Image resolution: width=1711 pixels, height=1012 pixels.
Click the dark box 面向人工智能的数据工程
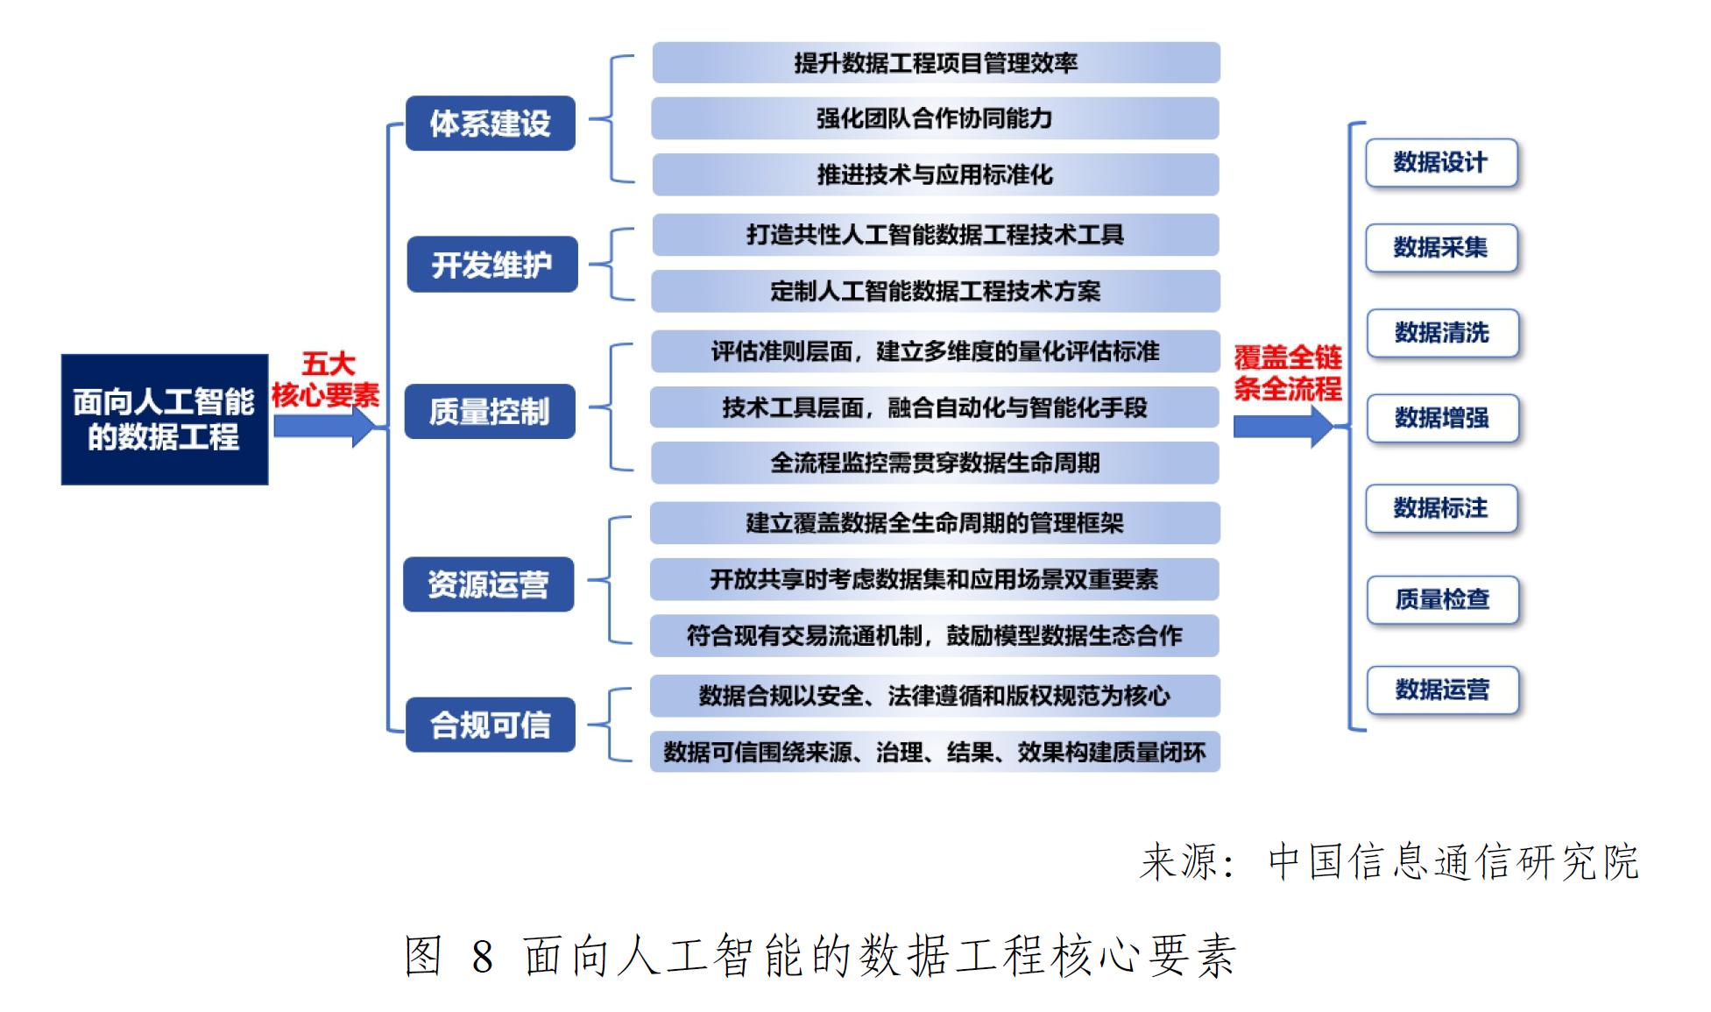[164, 419]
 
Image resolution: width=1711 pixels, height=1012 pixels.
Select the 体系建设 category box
[490, 124]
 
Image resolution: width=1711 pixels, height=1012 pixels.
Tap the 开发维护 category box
[491, 264]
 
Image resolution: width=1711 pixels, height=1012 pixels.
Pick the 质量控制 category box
[489, 411]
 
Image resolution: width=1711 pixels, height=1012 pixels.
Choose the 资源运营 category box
[488, 584]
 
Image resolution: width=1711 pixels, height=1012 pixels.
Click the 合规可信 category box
[490, 725]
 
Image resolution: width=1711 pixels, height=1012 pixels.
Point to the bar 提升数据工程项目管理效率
[936, 63]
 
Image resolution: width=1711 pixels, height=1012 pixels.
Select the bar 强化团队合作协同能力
[935, 118]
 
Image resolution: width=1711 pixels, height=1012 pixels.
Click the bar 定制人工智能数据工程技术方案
[935, 291]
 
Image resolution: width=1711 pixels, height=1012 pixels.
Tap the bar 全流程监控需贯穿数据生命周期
[935, 463]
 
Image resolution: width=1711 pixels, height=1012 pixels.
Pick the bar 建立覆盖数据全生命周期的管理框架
[935, 523]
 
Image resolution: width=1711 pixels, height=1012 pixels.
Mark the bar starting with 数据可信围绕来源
[935, 752]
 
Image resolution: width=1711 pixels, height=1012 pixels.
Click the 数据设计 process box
[1441, 163]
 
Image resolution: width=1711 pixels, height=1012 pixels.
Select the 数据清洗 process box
[1442, 333]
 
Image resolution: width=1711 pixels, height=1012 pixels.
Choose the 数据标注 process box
[1441, 508]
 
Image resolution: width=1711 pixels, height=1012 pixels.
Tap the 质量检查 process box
[1442, 599]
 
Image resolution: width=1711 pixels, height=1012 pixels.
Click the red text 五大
[328, 363]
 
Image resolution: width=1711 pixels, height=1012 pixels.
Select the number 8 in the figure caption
[482, 956]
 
